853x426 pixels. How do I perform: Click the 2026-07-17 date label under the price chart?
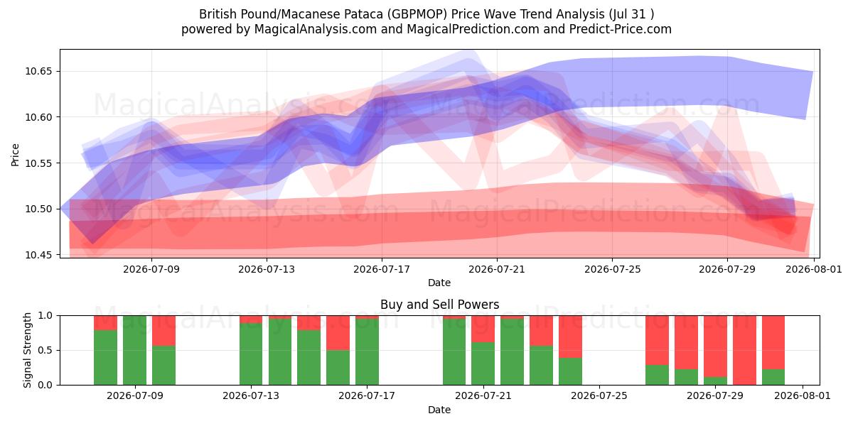coord(382,269)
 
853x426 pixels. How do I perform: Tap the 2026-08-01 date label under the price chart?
coord(814,269)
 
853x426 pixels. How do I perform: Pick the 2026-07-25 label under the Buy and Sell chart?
coord(599,395)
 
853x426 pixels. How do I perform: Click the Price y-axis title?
coord(15,155)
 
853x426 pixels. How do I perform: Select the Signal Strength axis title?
coord(27,350)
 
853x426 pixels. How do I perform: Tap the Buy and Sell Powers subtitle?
coord(439,305)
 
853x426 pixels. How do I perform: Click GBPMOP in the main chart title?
coord(417,14)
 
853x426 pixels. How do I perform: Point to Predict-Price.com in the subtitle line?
coord(621,29)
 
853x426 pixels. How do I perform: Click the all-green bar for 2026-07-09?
coord(134,350)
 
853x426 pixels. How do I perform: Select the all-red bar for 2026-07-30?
coord(744,350)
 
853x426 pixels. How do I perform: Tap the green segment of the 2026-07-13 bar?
coord(251,354)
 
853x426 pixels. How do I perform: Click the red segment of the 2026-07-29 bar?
coord(716,346)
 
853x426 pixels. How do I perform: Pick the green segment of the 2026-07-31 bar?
coord(773,377)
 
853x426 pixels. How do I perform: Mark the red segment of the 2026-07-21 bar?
coord(483,329)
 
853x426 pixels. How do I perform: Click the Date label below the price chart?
coord(439,283)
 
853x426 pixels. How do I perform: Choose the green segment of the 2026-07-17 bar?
coord(367,352)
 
